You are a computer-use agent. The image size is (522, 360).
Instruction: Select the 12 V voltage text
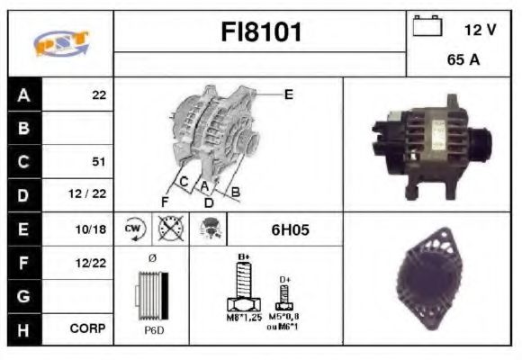480,30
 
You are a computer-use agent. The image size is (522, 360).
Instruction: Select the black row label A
23,94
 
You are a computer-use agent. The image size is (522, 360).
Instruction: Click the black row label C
23,162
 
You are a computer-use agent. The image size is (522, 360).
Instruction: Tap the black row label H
23,329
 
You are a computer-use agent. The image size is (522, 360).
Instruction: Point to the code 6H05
290,229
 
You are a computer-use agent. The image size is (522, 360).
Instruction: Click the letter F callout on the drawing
165,200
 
